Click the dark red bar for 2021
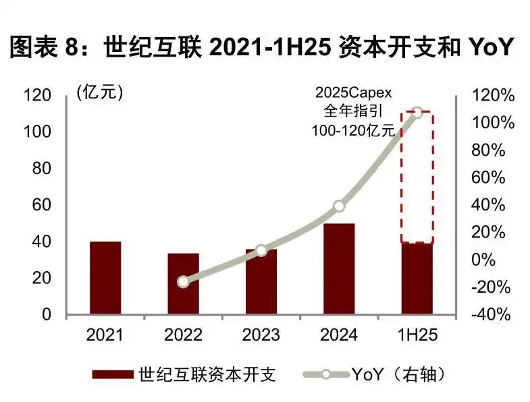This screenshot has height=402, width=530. coord(105,278)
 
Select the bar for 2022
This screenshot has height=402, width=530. coord(183,284)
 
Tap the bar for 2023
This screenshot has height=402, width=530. coord(261,282)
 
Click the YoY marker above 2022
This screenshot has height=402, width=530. coord(183,281)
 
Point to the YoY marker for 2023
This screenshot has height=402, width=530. coord(261,251)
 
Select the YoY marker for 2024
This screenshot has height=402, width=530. coord(339,206)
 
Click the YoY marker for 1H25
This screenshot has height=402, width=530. coord(417,112)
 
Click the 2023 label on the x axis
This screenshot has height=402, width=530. coord(261,335)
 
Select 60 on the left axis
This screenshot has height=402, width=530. coord(43,205)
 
